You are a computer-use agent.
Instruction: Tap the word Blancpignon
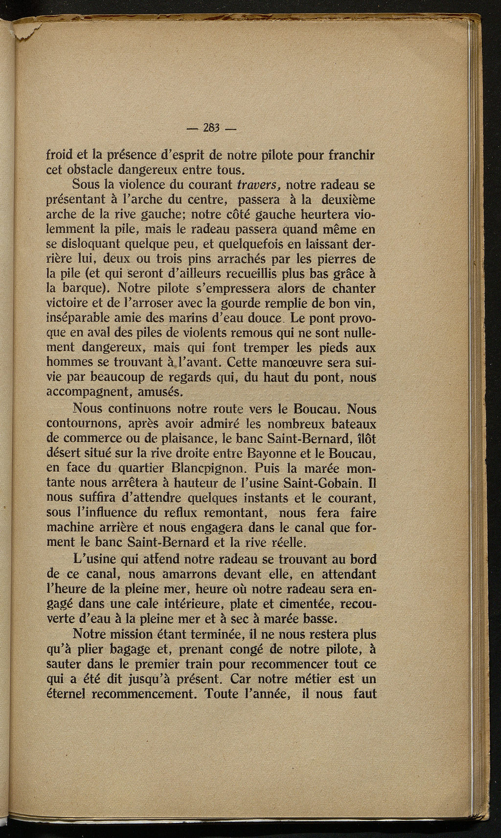pyautogui.click(x=205, y=468)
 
